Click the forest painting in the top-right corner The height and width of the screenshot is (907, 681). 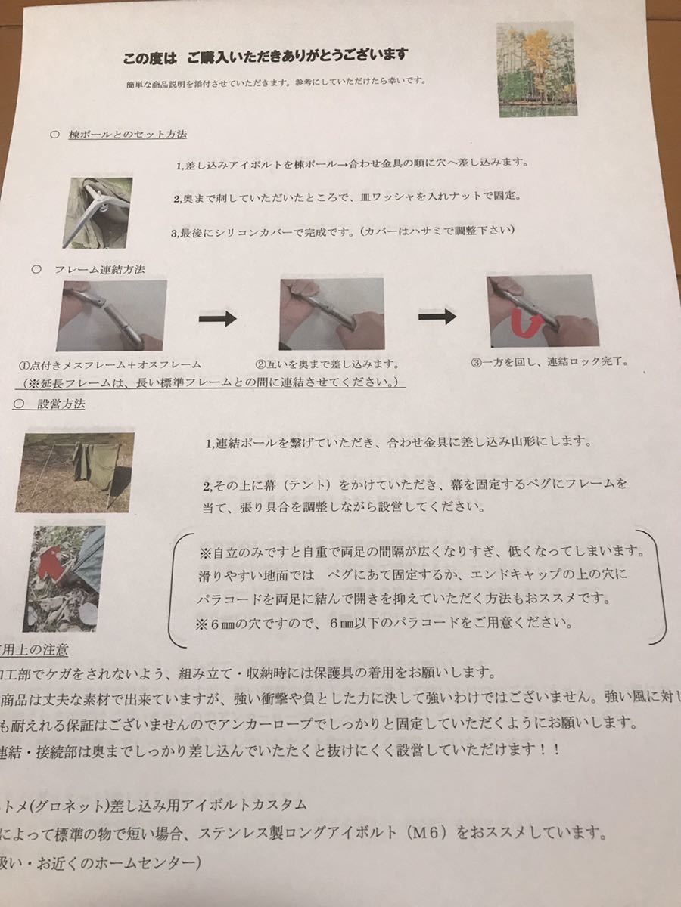tap(535, 69)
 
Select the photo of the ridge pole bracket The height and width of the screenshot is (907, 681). tap(98, 212)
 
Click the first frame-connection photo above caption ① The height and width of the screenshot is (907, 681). tap(111, 314)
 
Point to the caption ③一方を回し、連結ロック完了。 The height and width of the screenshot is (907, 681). tap(548, 361)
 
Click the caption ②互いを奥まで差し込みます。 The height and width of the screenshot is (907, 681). tap(327, 364)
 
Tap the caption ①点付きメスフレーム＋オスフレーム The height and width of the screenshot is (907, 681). tap(111, 365)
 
